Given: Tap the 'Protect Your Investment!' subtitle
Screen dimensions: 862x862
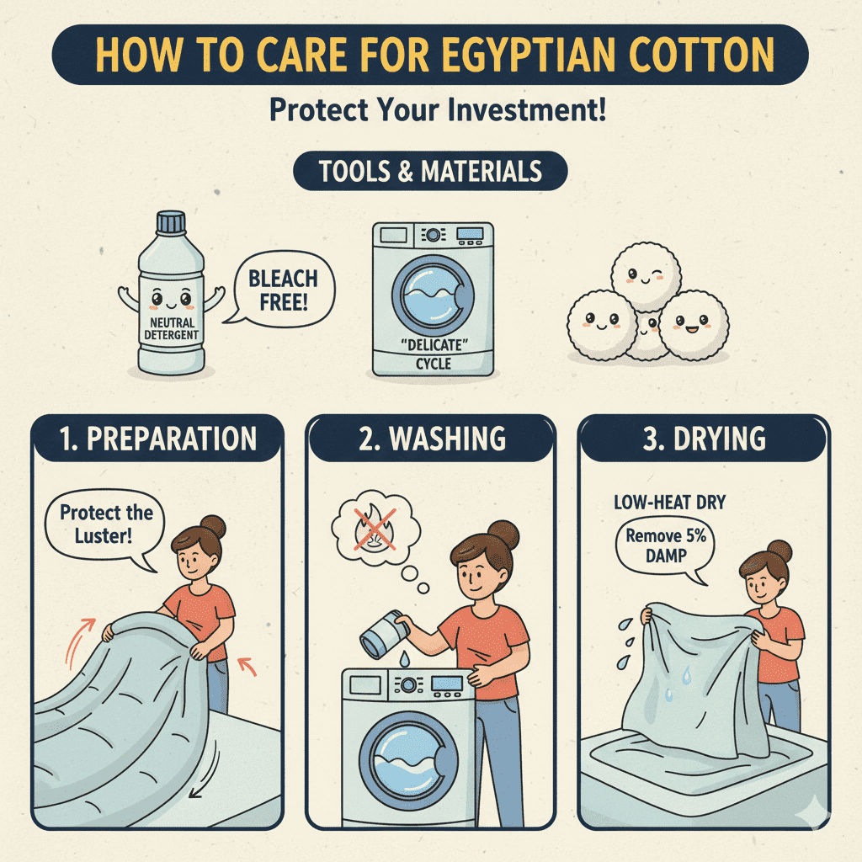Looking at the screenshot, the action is point(438,109).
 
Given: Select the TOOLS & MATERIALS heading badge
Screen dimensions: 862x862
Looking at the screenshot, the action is point(430,171).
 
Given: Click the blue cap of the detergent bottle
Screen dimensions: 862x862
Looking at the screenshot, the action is point(171,221).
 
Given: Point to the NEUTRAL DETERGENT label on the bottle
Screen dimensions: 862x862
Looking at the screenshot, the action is point(171,328).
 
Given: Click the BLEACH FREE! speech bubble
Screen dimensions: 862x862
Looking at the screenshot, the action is point(283,290).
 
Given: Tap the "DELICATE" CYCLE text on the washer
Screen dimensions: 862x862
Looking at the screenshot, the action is point(434,354).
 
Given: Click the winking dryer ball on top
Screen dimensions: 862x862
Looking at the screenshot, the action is point(646,276).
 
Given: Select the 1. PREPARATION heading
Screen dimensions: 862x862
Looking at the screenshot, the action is point(157,439).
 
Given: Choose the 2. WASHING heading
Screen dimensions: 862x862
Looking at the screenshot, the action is point(432,439).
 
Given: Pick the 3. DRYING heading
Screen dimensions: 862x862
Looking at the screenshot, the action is point(705,439).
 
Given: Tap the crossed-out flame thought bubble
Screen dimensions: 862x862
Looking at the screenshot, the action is point(376,529).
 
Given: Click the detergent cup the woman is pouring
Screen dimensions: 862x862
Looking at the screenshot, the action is point(384,634).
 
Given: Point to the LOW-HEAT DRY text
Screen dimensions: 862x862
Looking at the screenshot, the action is point(669,502).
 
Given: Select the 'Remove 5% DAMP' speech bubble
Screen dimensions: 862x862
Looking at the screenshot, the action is point(666,547).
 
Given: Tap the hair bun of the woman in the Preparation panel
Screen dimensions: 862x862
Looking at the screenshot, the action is point(213,526).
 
